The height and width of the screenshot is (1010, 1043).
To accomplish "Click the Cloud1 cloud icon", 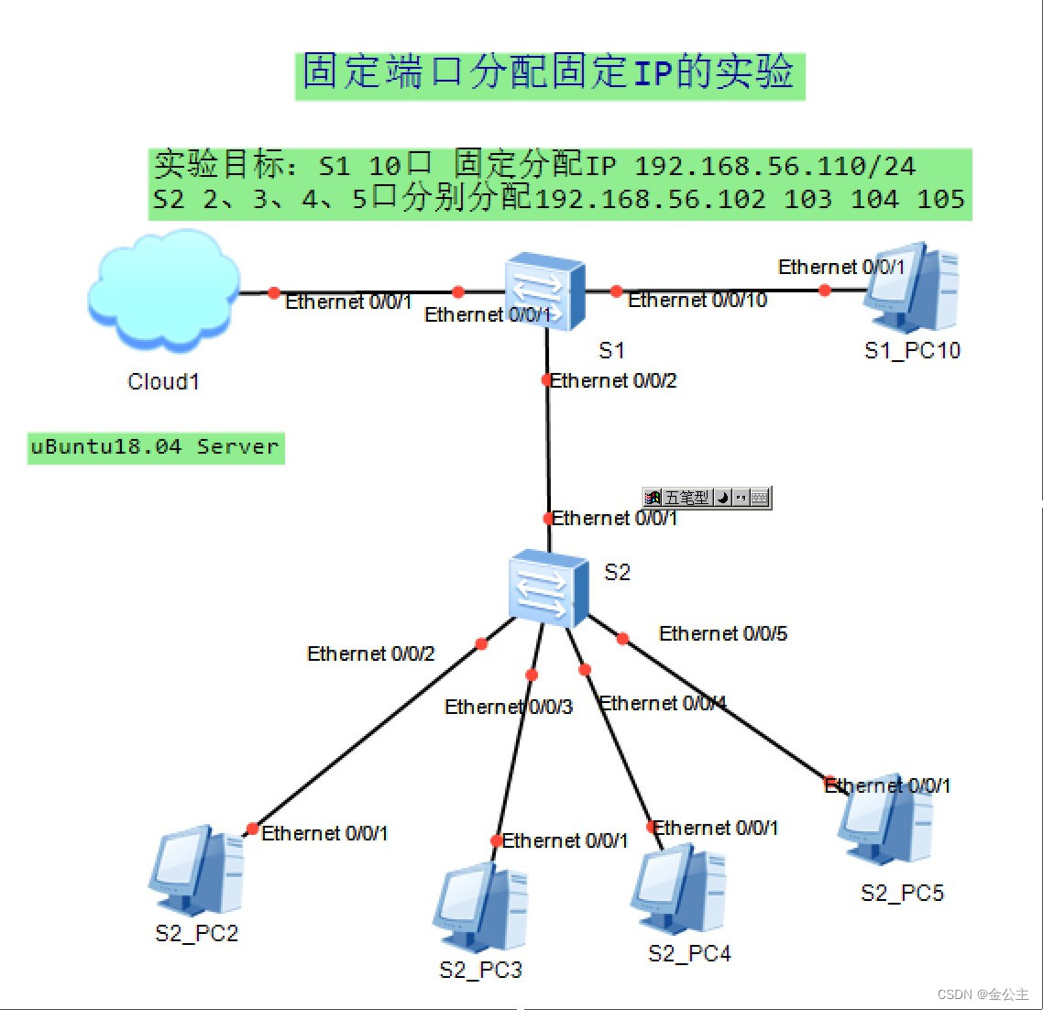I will tap(163, 291).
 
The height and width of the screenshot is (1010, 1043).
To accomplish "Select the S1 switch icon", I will tap(545, 291).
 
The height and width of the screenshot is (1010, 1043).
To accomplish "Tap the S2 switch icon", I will tap(547, 588).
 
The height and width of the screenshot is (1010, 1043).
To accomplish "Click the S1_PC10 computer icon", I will tap(911, 289).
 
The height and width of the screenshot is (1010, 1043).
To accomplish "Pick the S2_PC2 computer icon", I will tap(196, 872).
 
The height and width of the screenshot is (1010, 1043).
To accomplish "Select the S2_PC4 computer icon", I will tap(679, 890).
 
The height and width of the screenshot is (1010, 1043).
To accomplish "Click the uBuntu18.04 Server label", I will tap(155, 447).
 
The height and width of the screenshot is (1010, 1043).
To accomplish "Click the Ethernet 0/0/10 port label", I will tap(697, 301).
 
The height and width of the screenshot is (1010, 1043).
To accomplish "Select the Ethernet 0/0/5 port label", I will tap(723, 634).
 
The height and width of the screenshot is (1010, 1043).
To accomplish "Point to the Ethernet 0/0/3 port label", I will tap(509, 708).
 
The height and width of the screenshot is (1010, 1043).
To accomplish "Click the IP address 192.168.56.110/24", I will tap(774, 167).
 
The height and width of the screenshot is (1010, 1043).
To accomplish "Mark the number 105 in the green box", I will tap(940, 200).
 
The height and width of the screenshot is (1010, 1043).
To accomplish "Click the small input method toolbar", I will tap(707, 498).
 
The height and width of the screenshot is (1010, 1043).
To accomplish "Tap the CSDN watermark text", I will tap(983, 994).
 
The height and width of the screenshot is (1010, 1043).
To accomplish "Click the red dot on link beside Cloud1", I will tap(274, 293).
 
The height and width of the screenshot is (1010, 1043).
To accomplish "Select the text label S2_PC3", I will tap(481, 971).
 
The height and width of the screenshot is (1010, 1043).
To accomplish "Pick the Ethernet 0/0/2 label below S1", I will tap(613, 381).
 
